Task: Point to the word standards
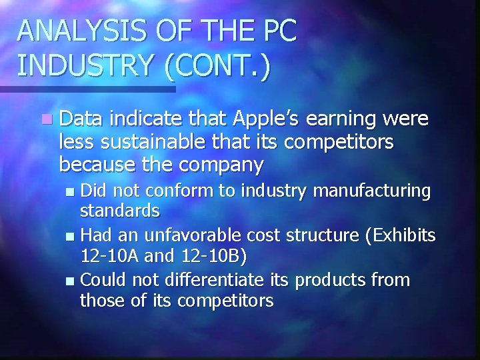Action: click(120, 211)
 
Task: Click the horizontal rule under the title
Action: click(87, 89)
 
